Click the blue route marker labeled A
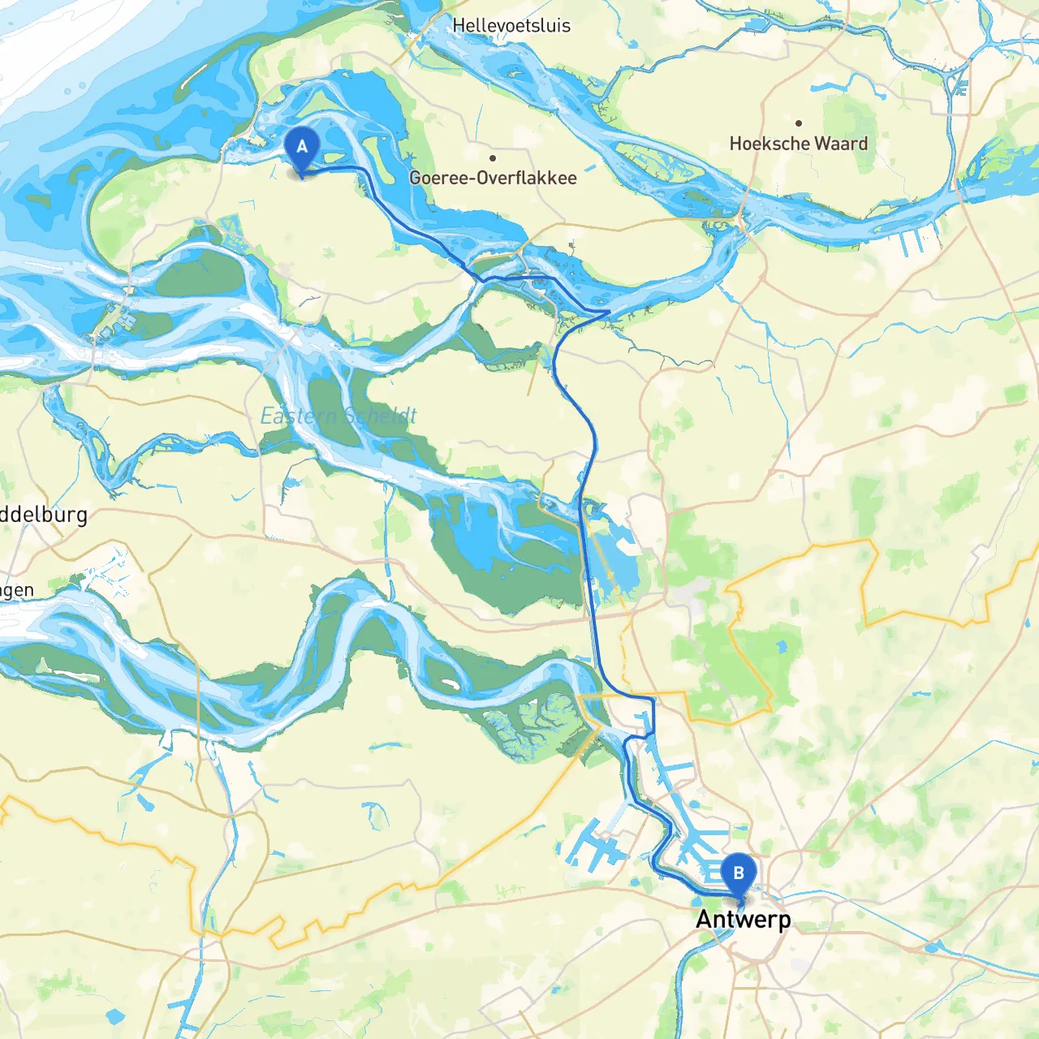(302, 148)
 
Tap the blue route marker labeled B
(739, 873)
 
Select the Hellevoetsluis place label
(511, 26)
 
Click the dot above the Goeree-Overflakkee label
(493, 158)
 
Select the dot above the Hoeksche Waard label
(799, 123)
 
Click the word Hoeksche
(769, 144)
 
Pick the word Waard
(841, 144)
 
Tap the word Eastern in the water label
(297, 416)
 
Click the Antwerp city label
(744, 920)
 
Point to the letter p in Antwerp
(784, 922)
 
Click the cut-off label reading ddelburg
(44, 515)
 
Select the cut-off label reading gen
(17, 591)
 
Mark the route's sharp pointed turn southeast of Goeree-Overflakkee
(609, 311)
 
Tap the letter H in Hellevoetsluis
(459, 26)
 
